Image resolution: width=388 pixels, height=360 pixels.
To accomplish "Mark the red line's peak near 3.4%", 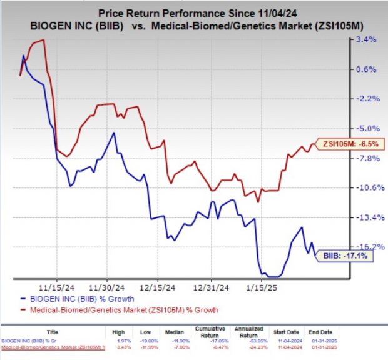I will tap(42, 40).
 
